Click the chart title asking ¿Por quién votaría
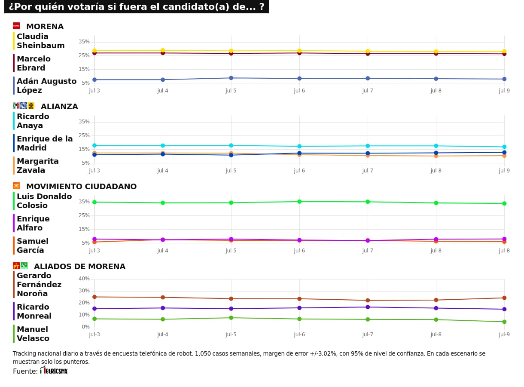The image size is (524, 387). pyautogui.click(x=136, y=7)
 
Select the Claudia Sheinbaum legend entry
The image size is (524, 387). pyautogui.click(x=40, y=41)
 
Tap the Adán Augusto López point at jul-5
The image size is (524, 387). pyautogui.click(x=231, y=78)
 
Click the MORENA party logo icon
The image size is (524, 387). pyautogui.click(x=16, y=26)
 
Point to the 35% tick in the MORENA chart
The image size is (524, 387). pyautogui.click(x=84, y=42)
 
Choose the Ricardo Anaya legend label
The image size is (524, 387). pyautogui.click(x=33, y=121)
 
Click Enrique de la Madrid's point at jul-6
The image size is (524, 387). pyautogui.click(x=299, y=153)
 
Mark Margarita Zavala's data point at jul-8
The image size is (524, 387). pyautogui.click(x=436, y=156)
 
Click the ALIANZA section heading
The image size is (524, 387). pyautogui.click(x=59, y=107)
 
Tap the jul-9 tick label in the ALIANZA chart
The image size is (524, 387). pyautogui.click(x=504, y=171)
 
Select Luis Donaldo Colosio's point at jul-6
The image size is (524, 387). pyautogui.click(x=299, y=201)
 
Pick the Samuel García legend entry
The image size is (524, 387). pyautogui.click(x=32, y=246)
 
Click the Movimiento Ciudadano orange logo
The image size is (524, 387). pyautogui.click(x=16, y=186)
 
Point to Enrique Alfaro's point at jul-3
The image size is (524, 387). pyautogui.click(x=94, y=239)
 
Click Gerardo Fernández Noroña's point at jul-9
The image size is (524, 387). pyautogui.click(x=504, y=298)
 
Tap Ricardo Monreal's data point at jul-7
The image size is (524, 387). pyautogui.click(x=368, y=307)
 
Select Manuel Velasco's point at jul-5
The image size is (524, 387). pyautogui.click(x=231, y=318)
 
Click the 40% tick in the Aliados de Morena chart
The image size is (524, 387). pyautogui.click(x=84, y=279)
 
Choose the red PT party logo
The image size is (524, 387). pyautogui.click(x=16, y=266)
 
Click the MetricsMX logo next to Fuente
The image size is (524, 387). pyautogui.click(x=54, y=371)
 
